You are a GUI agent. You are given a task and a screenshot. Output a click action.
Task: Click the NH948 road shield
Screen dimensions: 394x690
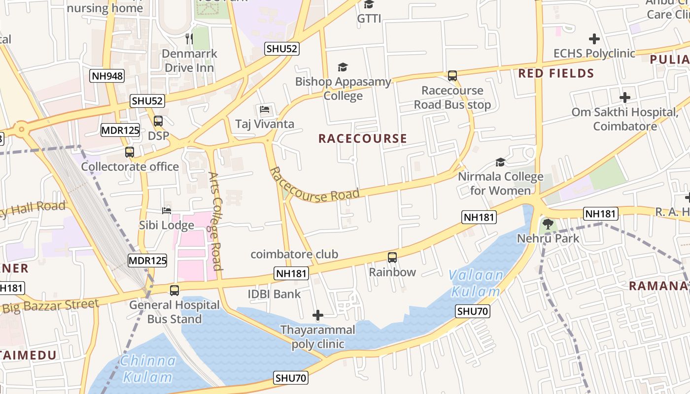tap(107, 76)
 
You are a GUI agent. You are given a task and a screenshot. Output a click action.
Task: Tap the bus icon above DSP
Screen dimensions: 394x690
tap(158, 121)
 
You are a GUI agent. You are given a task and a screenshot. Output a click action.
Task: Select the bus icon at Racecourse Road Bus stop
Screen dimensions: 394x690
tap(452, 76)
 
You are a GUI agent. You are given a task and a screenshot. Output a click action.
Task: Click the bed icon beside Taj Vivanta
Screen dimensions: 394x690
tap(265, 109)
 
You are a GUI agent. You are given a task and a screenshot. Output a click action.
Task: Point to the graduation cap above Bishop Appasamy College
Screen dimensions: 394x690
tap(343, 67)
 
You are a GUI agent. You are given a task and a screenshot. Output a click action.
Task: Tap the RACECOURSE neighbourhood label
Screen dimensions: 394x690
tap(363, 138)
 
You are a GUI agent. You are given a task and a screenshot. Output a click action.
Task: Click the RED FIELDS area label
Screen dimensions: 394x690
tap(556, 74)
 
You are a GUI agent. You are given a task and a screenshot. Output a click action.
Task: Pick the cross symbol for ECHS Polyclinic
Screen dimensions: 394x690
tap(594, 38)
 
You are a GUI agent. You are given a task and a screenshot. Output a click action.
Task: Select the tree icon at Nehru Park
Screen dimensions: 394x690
tap(548, 225)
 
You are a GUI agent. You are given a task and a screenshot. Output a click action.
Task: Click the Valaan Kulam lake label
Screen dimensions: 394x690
tap(476, 283)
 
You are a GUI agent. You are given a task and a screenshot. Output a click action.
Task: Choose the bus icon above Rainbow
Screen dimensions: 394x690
tap(392, 257)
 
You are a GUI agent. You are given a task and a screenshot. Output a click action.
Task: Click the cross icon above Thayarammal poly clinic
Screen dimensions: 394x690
tap(318, 315)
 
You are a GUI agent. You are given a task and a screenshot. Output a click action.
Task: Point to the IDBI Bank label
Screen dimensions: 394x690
tap(274, 294)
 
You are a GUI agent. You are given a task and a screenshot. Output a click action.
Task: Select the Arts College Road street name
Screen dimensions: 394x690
tap(215, 221)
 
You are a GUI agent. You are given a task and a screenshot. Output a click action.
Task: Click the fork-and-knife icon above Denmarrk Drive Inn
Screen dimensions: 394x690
tap(189, 38)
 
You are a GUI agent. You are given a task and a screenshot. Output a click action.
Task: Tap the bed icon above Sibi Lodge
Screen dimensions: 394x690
tap(167, 211)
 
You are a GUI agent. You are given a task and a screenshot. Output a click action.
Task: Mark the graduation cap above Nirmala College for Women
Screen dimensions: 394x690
tap(500, 162)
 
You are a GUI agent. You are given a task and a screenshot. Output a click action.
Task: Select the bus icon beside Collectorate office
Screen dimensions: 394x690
tap(130, 152)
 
